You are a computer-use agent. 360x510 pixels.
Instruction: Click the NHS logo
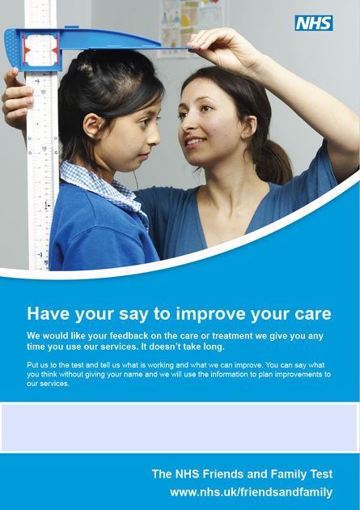click(x=314, y=23)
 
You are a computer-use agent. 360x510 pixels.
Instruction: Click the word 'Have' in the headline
click(x=47, y=314)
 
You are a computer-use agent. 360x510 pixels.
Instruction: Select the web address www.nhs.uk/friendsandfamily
click(x=251, y=492)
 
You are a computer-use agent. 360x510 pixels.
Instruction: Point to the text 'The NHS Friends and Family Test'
click(x=242, y=474)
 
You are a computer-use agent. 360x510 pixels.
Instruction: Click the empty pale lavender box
click(x=180, y=427)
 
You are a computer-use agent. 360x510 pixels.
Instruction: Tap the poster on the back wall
click(x=190, y=24)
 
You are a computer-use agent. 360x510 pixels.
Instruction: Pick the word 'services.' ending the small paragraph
click(x=48, y=384)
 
